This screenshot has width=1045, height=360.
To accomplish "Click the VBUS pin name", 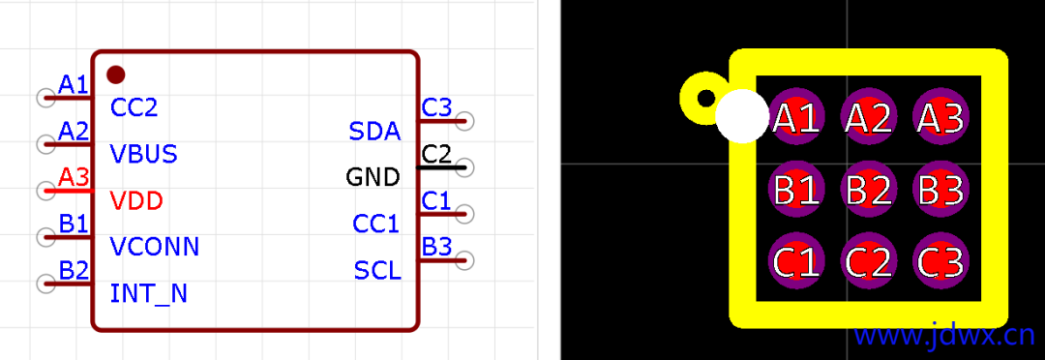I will click(x=143, y=154).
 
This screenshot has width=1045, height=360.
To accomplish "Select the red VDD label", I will click(x=136, y=201).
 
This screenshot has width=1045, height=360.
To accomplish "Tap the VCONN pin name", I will click(x=155, y=247).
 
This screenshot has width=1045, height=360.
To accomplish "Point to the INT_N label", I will click(x=149, y=293).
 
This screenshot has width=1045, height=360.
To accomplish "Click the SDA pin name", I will click(x=374, y=132).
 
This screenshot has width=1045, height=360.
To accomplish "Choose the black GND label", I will click(x=373, y=178).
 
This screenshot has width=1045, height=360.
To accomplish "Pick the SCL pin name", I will click(x=377, y=271).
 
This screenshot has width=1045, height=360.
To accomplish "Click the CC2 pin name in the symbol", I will click(x=134, y=107).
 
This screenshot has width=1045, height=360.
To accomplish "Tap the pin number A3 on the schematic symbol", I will click(x=74, y=177).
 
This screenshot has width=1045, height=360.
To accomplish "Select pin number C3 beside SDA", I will click(x=436, y=107).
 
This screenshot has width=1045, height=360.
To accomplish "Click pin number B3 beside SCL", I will click(x=436, y=247).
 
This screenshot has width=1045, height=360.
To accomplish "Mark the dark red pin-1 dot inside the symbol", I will click(x=115, y=74).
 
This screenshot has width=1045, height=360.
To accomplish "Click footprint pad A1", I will click(x=796, y=118).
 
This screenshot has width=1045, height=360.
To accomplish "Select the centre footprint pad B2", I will click(x=868, y=190).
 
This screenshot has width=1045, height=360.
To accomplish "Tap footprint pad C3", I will click(x=940, y=262).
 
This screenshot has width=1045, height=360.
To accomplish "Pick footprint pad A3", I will click(x=940, y=118).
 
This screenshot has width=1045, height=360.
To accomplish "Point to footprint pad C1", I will click(x=796, y=262).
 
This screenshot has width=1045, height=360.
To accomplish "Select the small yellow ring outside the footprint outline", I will click(x=705, y=98).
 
